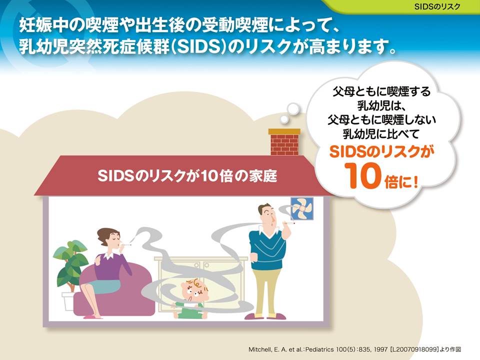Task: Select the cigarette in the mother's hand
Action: (126, 244)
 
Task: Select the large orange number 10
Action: (362, 175)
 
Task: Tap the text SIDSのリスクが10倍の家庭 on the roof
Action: (187, 175)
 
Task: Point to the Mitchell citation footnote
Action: (354, 349)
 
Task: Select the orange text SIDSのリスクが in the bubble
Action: (381, 151)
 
